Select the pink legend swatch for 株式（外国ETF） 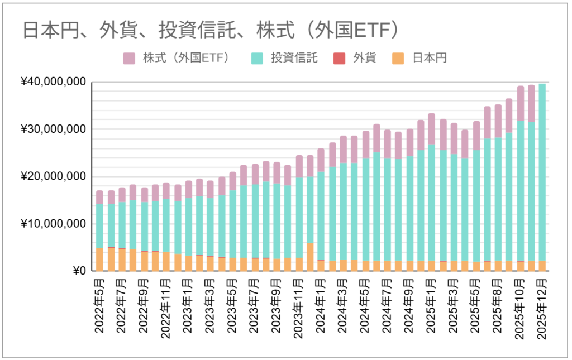coord(130,58)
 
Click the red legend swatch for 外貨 coord(339,58)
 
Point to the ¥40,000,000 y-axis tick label coord(54,83)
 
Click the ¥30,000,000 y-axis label coord(54,129)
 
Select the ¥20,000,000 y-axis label coord(54,177)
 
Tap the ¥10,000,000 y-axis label coord(54,224)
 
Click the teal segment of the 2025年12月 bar coord(541,173)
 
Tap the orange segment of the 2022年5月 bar coord(99,260)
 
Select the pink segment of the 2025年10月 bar coord(519,103)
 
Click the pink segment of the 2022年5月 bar coord(99,197)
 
